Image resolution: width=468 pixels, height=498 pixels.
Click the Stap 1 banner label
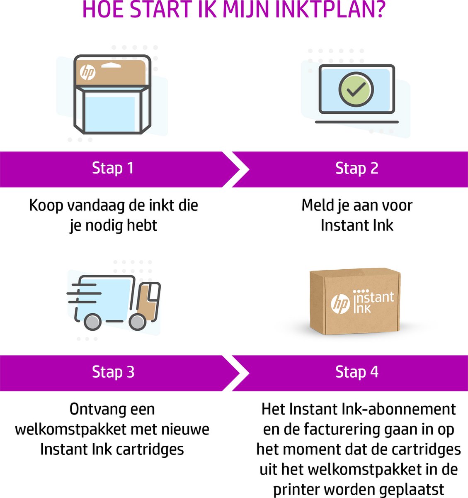113,168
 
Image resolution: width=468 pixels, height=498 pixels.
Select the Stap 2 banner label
356,168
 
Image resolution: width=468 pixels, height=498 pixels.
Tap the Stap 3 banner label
113,372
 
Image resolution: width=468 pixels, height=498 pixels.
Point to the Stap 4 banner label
356,372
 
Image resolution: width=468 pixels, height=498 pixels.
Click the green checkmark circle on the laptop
356,89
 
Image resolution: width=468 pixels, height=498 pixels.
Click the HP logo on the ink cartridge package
88,73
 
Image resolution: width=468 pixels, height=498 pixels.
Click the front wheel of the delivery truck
137,322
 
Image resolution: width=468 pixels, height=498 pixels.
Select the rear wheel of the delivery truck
92,322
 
